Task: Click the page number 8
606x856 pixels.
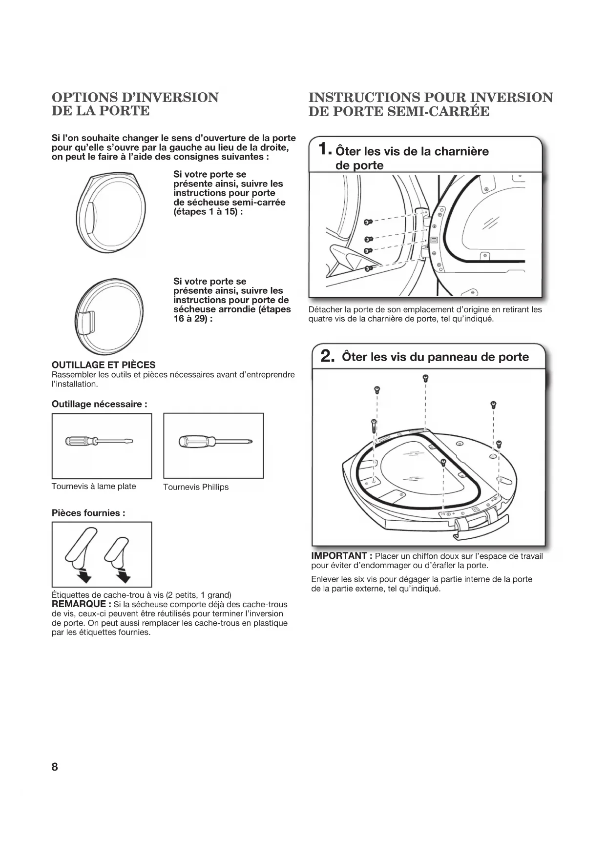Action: point(55,767)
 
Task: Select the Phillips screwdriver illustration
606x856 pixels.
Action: point(213,442)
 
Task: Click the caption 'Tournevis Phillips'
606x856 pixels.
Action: point(196,487)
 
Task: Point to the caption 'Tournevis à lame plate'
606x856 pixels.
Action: point(94,487)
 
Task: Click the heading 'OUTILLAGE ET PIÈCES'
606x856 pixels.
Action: point(104,365)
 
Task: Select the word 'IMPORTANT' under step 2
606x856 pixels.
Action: point(339,556)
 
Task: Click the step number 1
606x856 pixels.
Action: point(324,149)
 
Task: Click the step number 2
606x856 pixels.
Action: point(327,357)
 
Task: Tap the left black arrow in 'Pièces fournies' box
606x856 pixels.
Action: point(85,577)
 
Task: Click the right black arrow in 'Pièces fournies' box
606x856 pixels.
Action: point(125,577)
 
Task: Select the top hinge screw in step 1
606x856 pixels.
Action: point(369,223)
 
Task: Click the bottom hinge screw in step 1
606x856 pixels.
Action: point(369,268)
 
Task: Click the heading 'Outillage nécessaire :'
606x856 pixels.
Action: point(100,404)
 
